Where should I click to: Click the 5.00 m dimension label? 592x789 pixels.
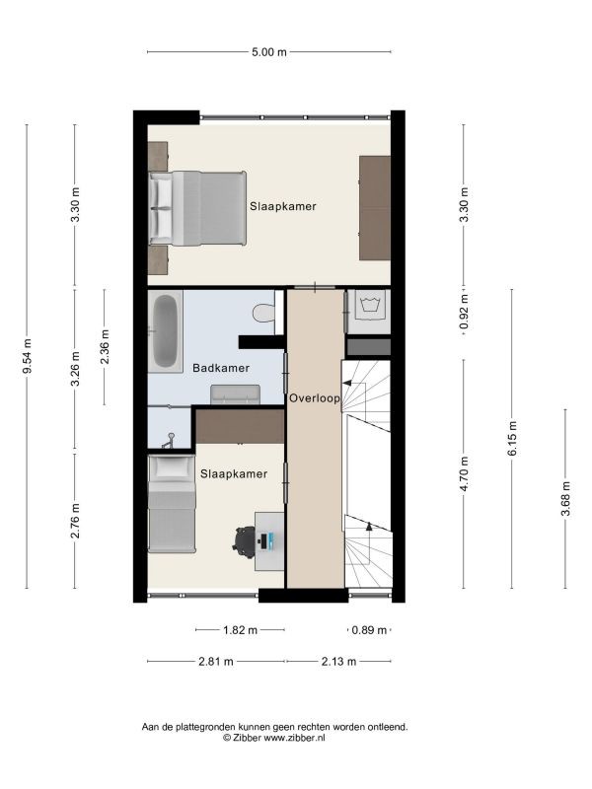point(268,52)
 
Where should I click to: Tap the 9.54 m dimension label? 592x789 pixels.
point(28,356)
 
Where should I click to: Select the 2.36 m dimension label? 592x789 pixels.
point(105,347)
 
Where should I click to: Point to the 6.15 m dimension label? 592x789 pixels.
point(512,438)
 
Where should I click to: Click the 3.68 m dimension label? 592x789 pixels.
point(565,499)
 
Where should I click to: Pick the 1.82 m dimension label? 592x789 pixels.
point(240,630)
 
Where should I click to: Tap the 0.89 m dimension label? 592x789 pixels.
point(369,630)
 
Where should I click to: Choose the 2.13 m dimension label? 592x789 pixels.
point(338,661)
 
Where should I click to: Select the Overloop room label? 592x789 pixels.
point(315,398)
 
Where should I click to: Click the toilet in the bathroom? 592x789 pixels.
point(263,313)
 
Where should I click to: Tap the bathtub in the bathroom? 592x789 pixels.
point(165,331)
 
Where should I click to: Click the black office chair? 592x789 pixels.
point(245,541)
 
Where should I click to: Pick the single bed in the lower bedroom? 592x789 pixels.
point(172,504)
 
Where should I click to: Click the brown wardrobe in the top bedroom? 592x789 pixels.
point(375,208)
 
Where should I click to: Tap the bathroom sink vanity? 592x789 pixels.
point(235,394)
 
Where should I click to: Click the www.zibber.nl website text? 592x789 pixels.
point(294,738)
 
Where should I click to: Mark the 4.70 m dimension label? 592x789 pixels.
point(464,473)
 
